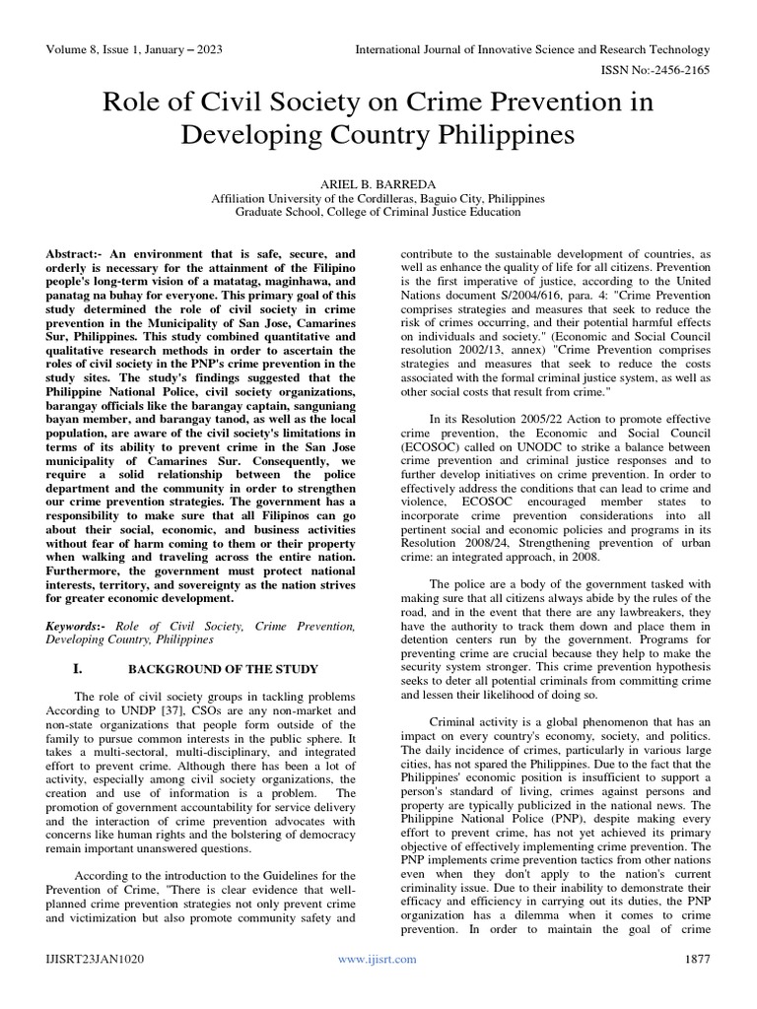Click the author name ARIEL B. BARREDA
[x=378, y=182]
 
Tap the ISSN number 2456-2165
[x=681, y=71]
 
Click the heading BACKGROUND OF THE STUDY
[x=224, y=669]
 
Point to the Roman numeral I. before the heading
[x=110, y=669]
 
